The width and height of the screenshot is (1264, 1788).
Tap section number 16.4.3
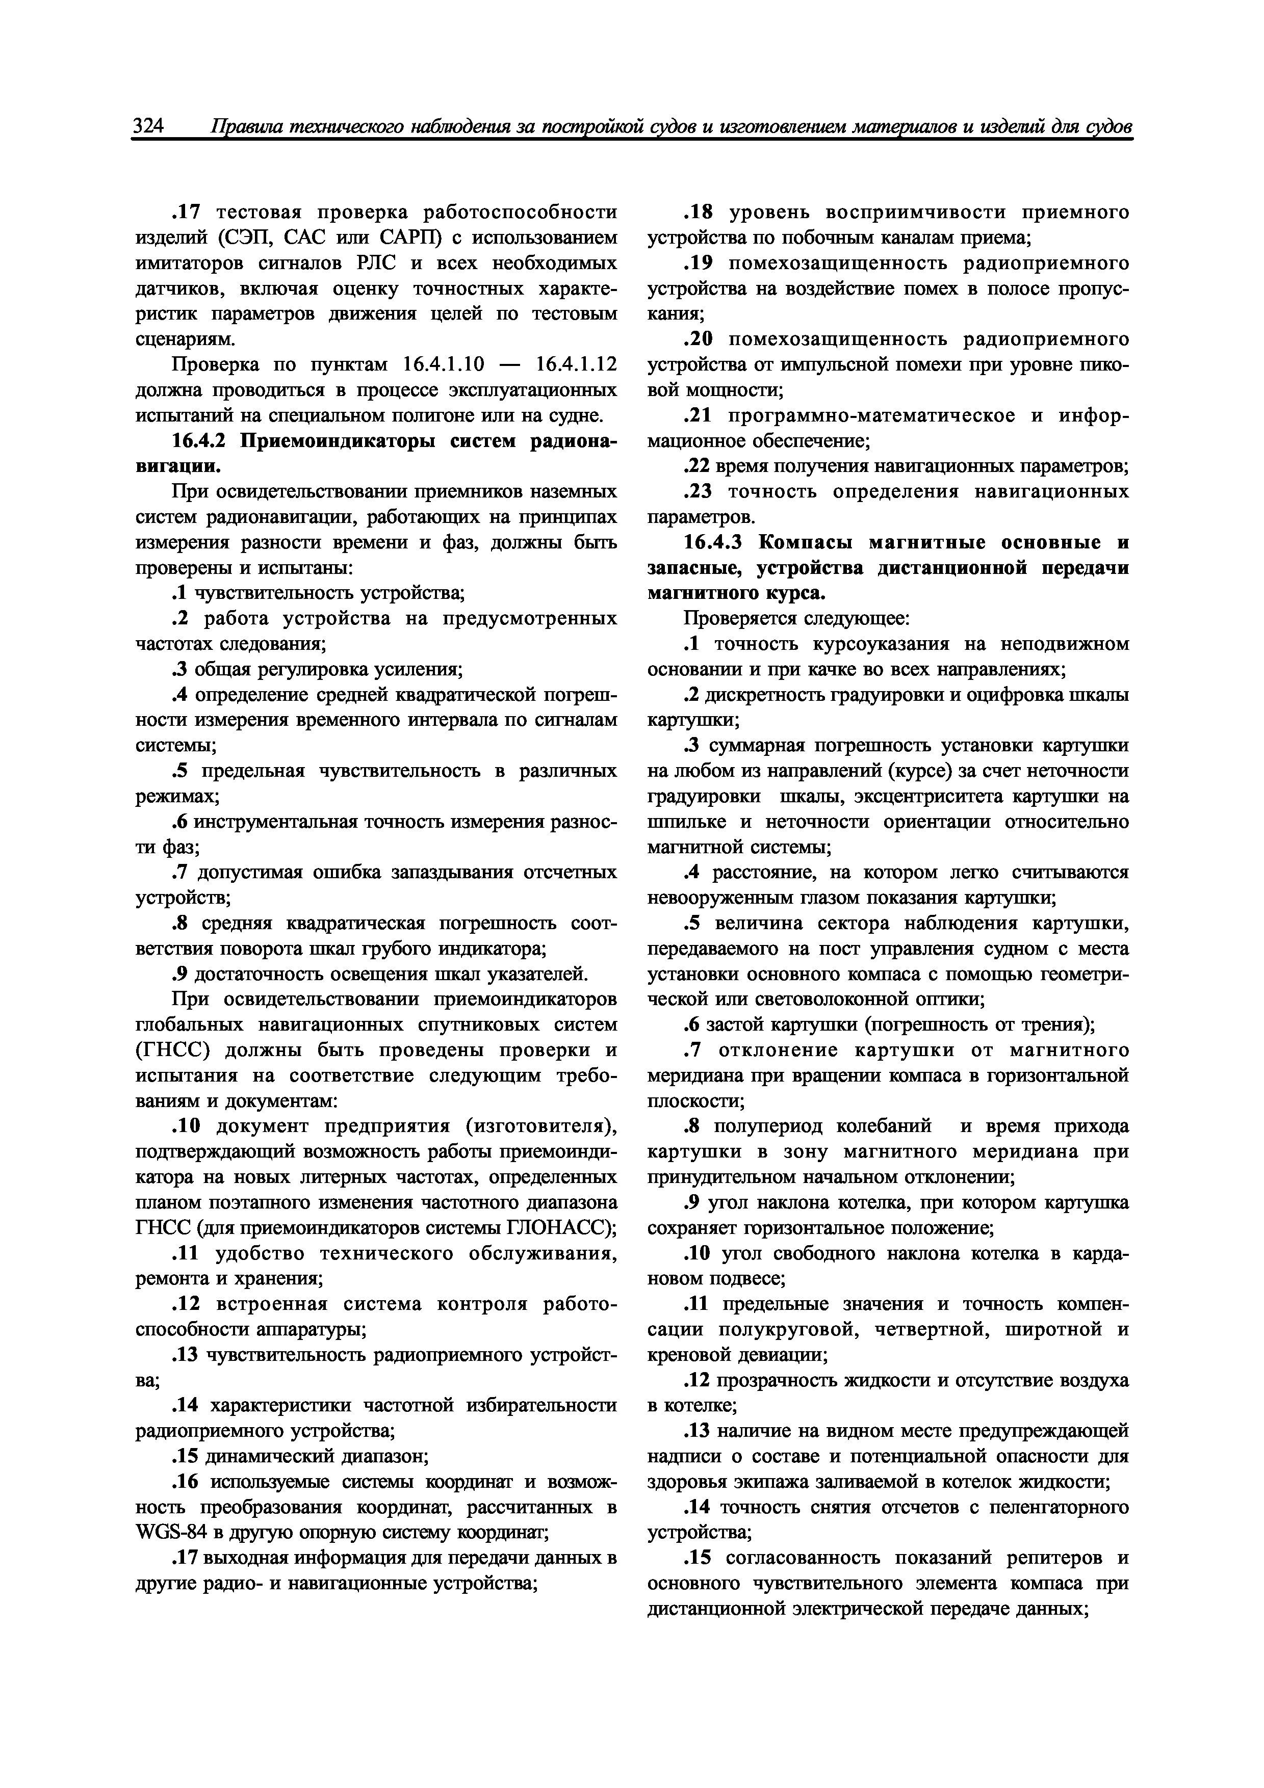point(715,542)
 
